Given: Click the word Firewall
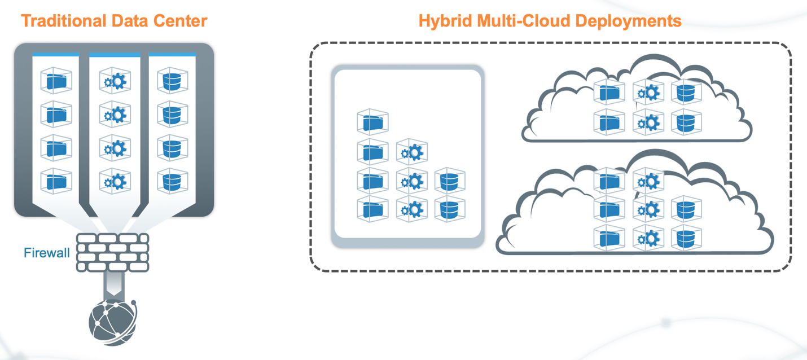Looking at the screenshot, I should (46, 253).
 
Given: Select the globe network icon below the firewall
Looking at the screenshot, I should (113, 321).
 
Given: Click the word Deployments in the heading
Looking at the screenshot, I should (626, 21).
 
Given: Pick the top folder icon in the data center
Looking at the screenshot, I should (56, 81).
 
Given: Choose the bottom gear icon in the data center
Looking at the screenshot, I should (115, 181).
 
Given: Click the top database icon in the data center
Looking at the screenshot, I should (172, 81).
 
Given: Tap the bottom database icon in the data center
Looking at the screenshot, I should (172, 181).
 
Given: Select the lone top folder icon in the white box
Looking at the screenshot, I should (372, 122).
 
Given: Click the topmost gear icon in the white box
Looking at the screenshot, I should (411, 152).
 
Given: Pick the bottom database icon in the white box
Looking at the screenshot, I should (450, 209).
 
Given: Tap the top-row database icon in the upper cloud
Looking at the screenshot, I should (686, 93).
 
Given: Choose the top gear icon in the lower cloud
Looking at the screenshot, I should (647, 181).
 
